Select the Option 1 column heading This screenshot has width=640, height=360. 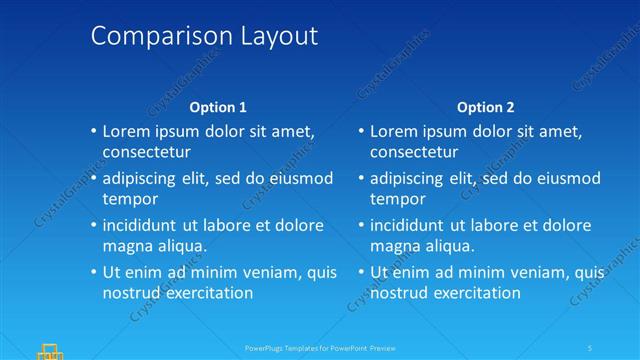click(x=218, y=107)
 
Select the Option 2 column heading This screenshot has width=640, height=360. click(x=486, y=107)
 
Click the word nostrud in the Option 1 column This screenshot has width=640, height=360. click(x=131, y=293)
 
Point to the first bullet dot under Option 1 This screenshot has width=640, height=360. click(x=92, y=131)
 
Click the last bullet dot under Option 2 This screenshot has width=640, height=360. click(x=360, y=272)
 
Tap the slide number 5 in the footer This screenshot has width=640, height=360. click(x=590, y=348)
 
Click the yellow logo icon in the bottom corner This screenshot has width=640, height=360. click(x=50, y=350)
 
